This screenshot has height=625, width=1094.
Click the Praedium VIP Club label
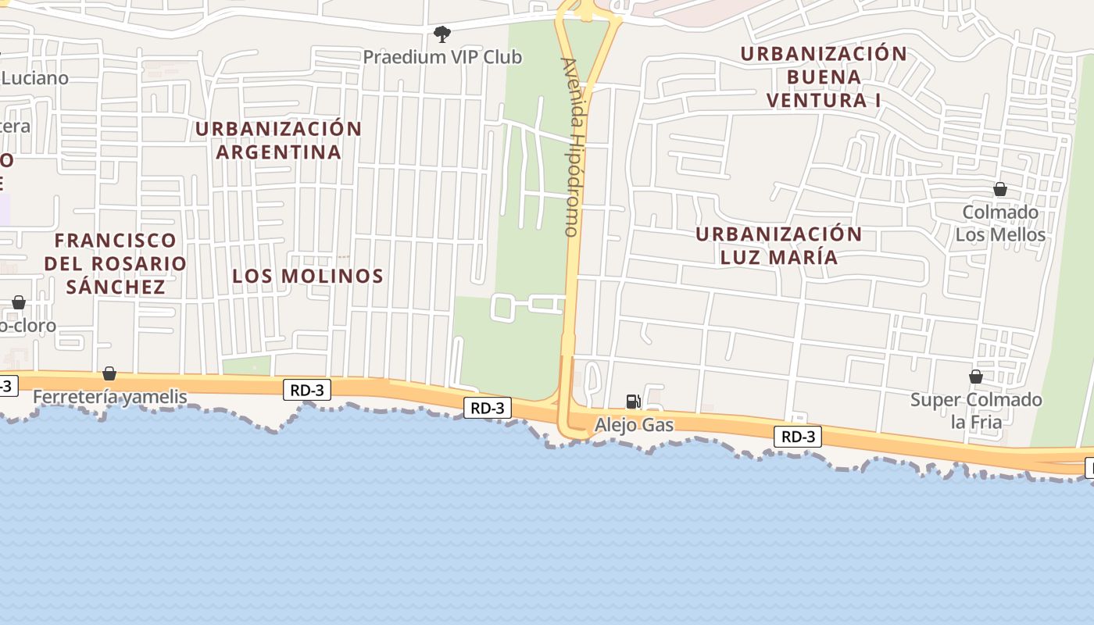(x=442, y=57)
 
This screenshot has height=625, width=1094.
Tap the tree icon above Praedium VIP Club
(x=442, y=34)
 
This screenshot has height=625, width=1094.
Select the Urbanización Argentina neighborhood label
(x=279, y=140)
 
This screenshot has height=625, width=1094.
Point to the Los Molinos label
(x=308, y=276)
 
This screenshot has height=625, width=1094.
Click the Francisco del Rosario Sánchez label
(x=116, y=263)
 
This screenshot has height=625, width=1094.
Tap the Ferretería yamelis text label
(x=109, y=397)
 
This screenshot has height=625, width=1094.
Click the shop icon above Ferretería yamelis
(x=109, y=373)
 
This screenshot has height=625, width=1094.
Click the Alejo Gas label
(x=634, y=425)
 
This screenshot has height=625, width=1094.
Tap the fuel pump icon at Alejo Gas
(x=634, y=402)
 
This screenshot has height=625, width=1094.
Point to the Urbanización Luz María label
(x=778, y=245)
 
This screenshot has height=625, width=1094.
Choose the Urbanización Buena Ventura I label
(x=824, y=77)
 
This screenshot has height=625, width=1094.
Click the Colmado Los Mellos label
(x=1000, y=223)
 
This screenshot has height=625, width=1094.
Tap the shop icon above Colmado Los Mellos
(x=999, y=189)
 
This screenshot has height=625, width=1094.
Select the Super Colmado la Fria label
(x=976, y=411)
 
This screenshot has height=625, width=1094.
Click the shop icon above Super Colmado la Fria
(x=976, y=377)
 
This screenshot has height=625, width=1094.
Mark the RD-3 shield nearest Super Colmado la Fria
(x=798, y=437)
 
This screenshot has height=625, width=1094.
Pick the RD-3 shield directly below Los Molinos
(x=307, y=390)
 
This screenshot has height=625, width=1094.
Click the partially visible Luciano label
(x=35, y=78)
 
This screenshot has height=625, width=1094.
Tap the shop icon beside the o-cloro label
(x=19, y=302)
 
